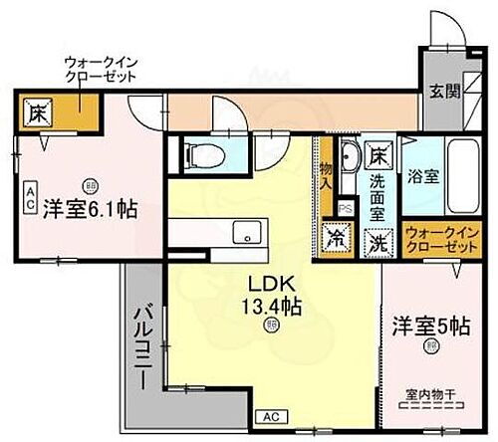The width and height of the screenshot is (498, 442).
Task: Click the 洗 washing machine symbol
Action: (x=379, y=241)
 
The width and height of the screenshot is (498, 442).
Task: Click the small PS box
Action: (x=345, y=208)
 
